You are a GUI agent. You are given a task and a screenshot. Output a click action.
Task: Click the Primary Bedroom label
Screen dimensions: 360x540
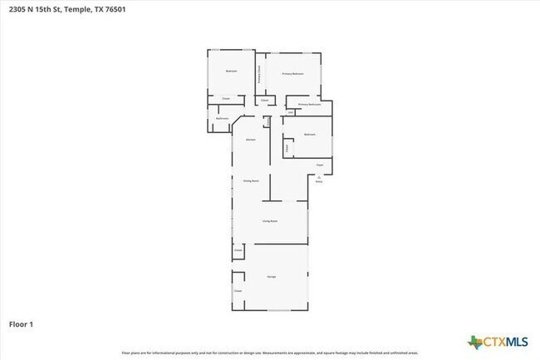(x=292, y=74)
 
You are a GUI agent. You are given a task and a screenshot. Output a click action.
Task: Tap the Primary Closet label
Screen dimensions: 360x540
(x=260, y=74)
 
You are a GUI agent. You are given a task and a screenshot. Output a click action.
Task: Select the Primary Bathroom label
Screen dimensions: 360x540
(x=309, y=105)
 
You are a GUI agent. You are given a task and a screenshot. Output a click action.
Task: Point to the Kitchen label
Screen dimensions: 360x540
(x=250, y=139)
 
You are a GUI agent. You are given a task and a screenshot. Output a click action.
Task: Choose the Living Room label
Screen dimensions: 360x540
(x=270, y=221)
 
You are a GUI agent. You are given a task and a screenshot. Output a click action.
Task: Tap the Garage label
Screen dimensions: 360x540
(x=271, y=275)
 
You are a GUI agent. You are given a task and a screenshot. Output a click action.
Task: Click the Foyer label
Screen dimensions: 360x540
(x=319, y=165)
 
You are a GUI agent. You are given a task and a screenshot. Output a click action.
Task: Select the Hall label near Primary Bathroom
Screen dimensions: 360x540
(x=291, y=112)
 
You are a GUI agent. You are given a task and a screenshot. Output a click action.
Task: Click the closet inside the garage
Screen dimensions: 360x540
(x=238, y=291)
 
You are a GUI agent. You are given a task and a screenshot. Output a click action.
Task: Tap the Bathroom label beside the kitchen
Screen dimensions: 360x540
(x=222, y=119)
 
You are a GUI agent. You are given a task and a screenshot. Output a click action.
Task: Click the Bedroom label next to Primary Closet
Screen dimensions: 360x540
(x=231, y=72)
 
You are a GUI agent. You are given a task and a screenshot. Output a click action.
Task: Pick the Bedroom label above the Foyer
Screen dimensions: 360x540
(x=309, y=134)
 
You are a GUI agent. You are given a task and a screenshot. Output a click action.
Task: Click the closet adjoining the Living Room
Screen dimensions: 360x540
(x=238, y=249)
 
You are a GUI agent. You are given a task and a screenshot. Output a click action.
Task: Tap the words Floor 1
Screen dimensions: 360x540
(x=21, y=323)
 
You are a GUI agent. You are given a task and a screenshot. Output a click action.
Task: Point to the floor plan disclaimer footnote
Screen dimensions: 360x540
(x=270, y=353)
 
